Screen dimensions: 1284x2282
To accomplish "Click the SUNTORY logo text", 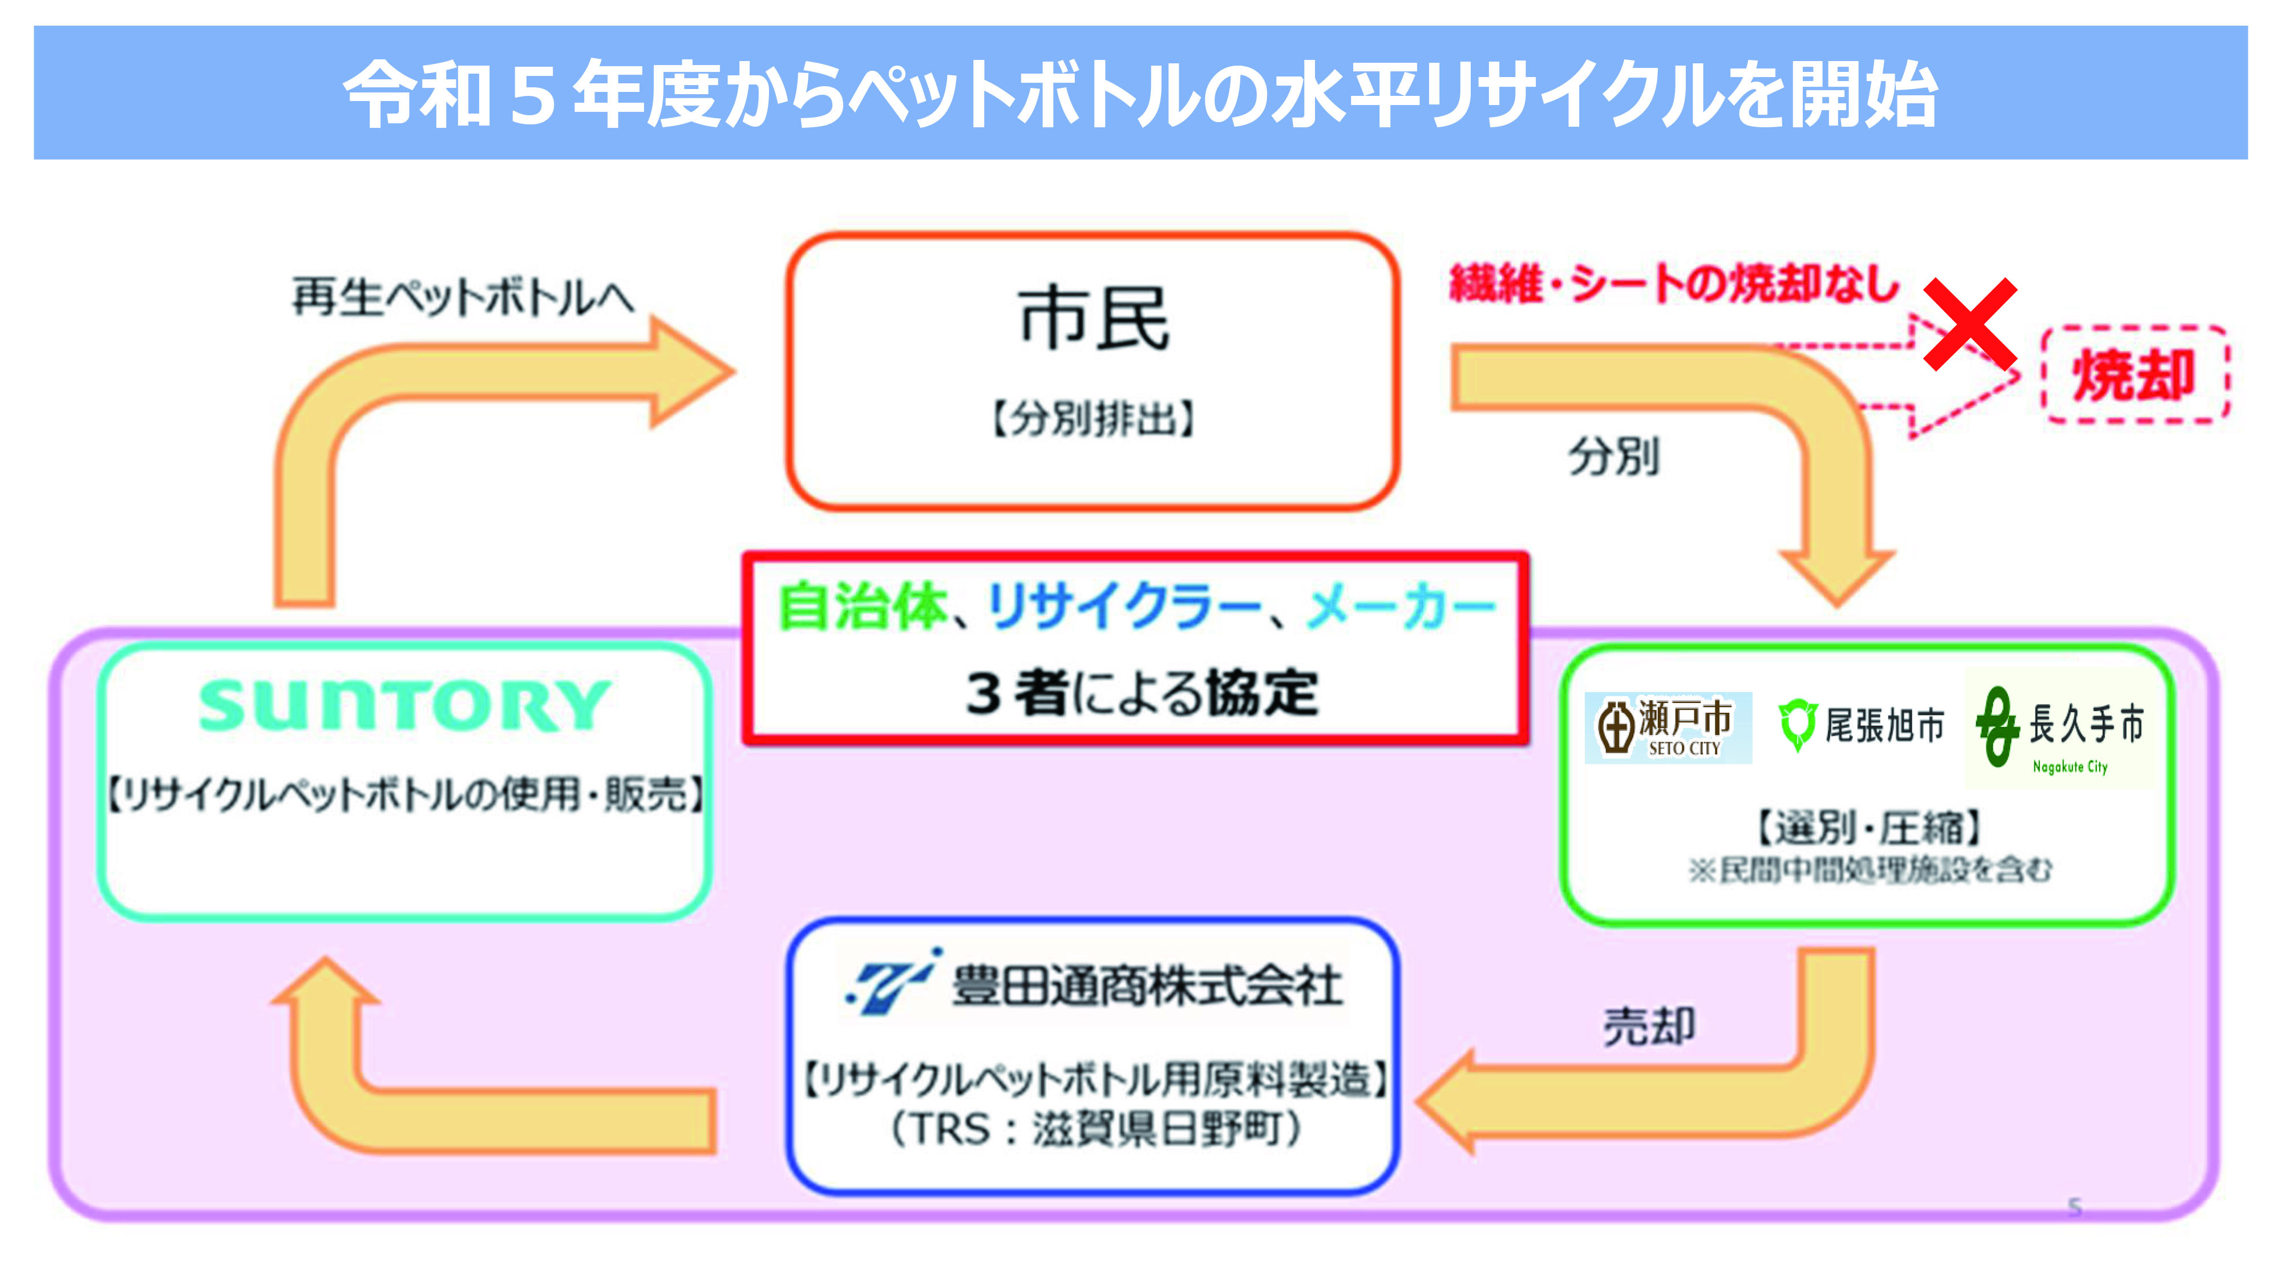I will tap(404, 706).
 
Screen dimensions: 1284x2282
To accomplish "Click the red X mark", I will tap(1970, 324).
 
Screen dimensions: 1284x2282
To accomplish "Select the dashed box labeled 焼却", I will tap(2135, 375).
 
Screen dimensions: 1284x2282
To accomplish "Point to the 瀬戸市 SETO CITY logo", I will tap(1667, 728).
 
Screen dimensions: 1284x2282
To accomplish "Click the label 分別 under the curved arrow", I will tap(1613, 457).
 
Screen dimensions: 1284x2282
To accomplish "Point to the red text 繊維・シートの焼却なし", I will tap(1673, 284).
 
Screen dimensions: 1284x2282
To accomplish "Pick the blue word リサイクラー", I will tap(1123, 608).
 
